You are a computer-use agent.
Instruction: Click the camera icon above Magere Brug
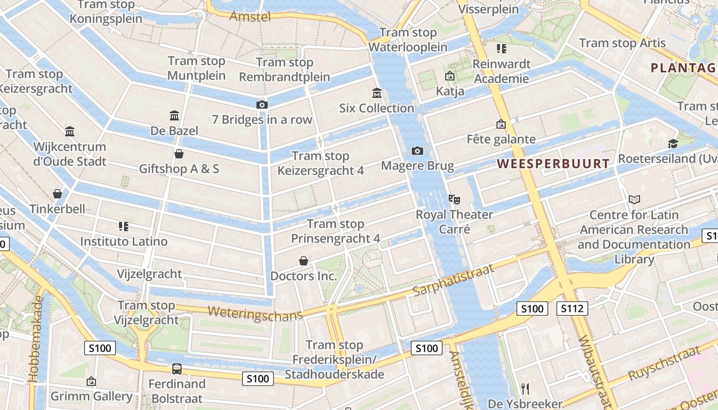click(x=417, y=151)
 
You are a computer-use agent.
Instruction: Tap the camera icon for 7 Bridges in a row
click(x=262, y=105)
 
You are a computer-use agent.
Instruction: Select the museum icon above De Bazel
click(x=174, y=115)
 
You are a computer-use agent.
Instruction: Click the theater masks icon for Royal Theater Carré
click(x=454, y=199)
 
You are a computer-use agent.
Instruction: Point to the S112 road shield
click(x=572, y=309)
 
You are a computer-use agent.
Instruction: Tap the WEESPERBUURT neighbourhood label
click(x=553, y=164)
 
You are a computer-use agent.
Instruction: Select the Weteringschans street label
click(x=255, y=313)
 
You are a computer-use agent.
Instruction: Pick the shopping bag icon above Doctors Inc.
click(x=304, y=261)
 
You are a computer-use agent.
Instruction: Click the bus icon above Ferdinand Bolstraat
click(x=176, y=368)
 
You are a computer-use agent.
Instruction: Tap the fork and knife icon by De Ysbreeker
click(x=525, y=388)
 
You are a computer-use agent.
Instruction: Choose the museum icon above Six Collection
click(x=377, y=93)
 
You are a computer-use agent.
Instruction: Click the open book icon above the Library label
click(x=634, y=199)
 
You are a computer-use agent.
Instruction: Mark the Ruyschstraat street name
click(x=664, y=363)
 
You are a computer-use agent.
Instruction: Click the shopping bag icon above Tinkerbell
click(x=57, y=194)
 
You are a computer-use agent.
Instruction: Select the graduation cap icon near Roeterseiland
click(x=673, y=143)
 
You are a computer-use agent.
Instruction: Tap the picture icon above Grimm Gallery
click(x=91, y=381)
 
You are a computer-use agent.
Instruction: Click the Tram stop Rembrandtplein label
click(x=285, y=70)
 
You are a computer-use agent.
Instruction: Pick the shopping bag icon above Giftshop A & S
click(x=179, y=154)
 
